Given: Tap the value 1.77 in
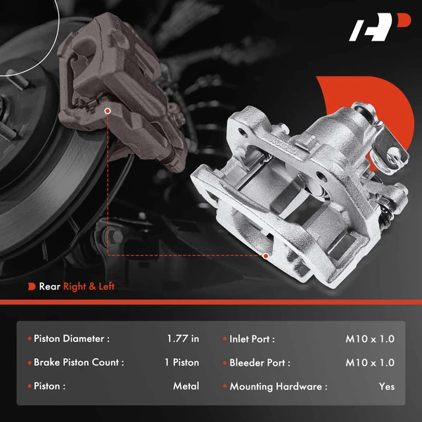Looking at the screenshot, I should (x=183, y=339).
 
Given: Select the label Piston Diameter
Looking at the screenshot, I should (x=72, y=339).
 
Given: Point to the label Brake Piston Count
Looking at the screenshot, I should (x=79, y=363).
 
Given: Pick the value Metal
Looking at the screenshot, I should (x=186, y=386).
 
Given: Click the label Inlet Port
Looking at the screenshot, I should (x=252, y=339).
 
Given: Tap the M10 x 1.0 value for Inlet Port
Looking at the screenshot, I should (x=370, y=339).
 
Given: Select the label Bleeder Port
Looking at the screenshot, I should (x=260, y=363).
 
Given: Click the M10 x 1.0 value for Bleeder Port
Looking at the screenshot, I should (x=370, y=363).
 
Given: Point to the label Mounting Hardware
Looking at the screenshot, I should (x=278, y=386).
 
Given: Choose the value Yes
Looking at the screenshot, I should (x=386, y=386).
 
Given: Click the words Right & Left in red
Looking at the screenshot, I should (x=89, y=286).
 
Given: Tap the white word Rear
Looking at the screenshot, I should (x=49, y=286).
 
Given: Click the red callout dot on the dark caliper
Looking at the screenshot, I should (x=108, y=110).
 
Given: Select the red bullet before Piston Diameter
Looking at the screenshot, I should (x=29, y=339).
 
